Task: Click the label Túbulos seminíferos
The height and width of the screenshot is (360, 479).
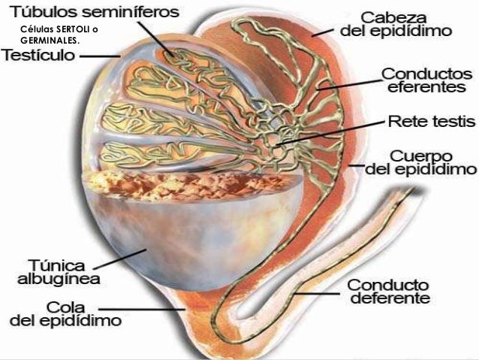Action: tap(94, 13)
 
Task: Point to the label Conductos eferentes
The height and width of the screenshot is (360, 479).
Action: tap(427, 81)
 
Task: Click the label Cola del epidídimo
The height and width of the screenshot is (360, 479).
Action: tap(57, 314)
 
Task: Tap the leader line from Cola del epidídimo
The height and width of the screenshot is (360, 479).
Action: tap(143, 308)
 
